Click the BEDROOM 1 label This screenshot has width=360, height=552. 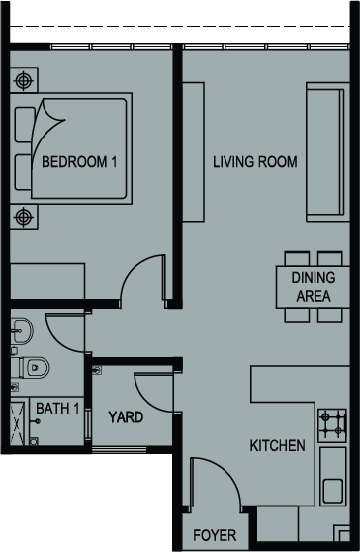[79, 162]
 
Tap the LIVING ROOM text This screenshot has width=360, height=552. [255, 162]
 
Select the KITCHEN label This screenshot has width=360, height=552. [277, 446]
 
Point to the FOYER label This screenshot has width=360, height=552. [215, 535]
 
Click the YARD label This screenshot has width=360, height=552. [126, 417]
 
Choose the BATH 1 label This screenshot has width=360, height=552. [57, 409]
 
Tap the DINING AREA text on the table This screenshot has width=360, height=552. [314, 287]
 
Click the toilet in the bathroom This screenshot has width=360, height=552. [31, 368]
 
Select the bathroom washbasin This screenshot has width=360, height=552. [22, 331]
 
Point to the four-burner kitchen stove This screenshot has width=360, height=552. [332, 425]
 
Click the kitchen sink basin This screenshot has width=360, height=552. [333, 491]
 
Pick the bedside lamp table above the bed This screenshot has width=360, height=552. [24, 80]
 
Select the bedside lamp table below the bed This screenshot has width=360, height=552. [24, 217]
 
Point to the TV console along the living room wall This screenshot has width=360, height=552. [193, 151]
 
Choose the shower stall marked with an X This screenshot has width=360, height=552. [17, 423]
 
